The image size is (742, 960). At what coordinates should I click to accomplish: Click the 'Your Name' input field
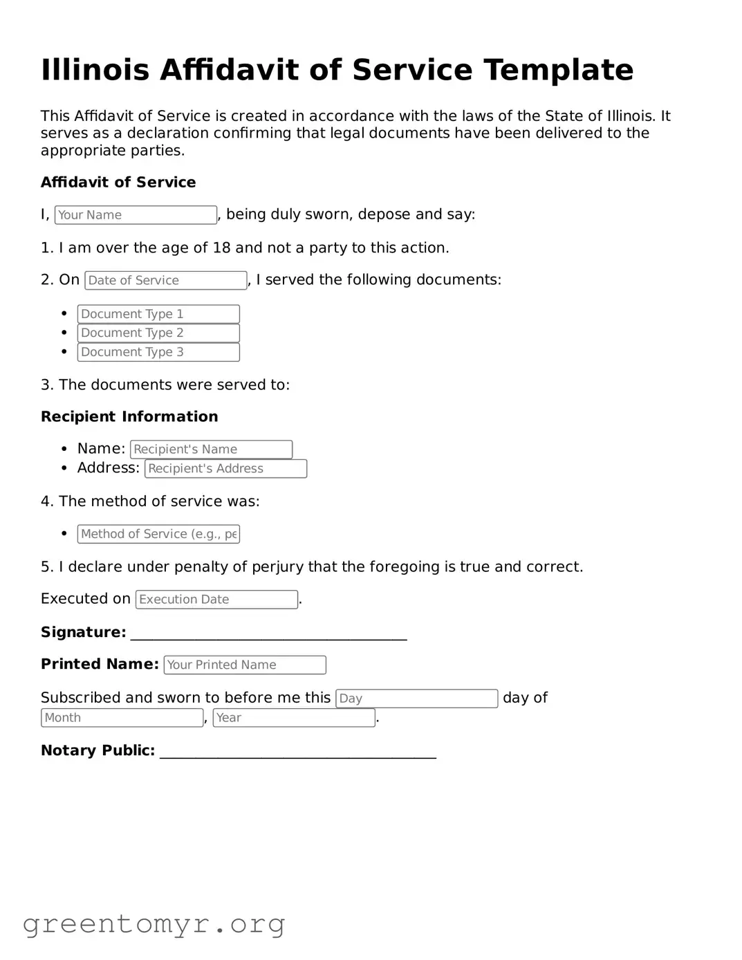(x=136, y=215)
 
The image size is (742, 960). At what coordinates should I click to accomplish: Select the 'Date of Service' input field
(x=165, y=280)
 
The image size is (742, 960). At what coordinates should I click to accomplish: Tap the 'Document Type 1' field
(x=158, y=314)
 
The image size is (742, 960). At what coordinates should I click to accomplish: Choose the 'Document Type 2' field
(x=158, y=333)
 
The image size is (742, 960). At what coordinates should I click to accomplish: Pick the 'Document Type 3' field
(x=158, y=352)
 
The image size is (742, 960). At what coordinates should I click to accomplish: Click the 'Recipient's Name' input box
(x=211, y=450)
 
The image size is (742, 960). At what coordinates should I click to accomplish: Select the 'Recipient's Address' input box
(x=225, y=469)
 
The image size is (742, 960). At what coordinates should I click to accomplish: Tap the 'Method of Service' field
(x=158, y=534)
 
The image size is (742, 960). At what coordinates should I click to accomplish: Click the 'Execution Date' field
(x=216, y=600)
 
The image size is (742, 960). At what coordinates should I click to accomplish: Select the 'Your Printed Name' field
(x=245, y=665)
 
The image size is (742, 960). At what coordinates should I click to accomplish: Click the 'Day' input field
(x=416, y=699)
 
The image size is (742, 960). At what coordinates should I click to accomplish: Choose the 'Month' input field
(x=122, y=718)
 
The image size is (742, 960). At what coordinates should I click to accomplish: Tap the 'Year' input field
(x=294, y=718)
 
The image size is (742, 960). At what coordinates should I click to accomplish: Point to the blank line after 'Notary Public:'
(x=297, y=753)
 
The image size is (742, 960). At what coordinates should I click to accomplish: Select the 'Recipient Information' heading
(x=129, y=416)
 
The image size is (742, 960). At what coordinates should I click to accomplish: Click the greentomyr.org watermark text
(x=154, y=924)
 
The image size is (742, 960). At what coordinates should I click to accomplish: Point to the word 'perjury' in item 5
(x=277, y=567)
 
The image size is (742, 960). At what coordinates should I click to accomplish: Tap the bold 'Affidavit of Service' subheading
(x=118, y=183)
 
